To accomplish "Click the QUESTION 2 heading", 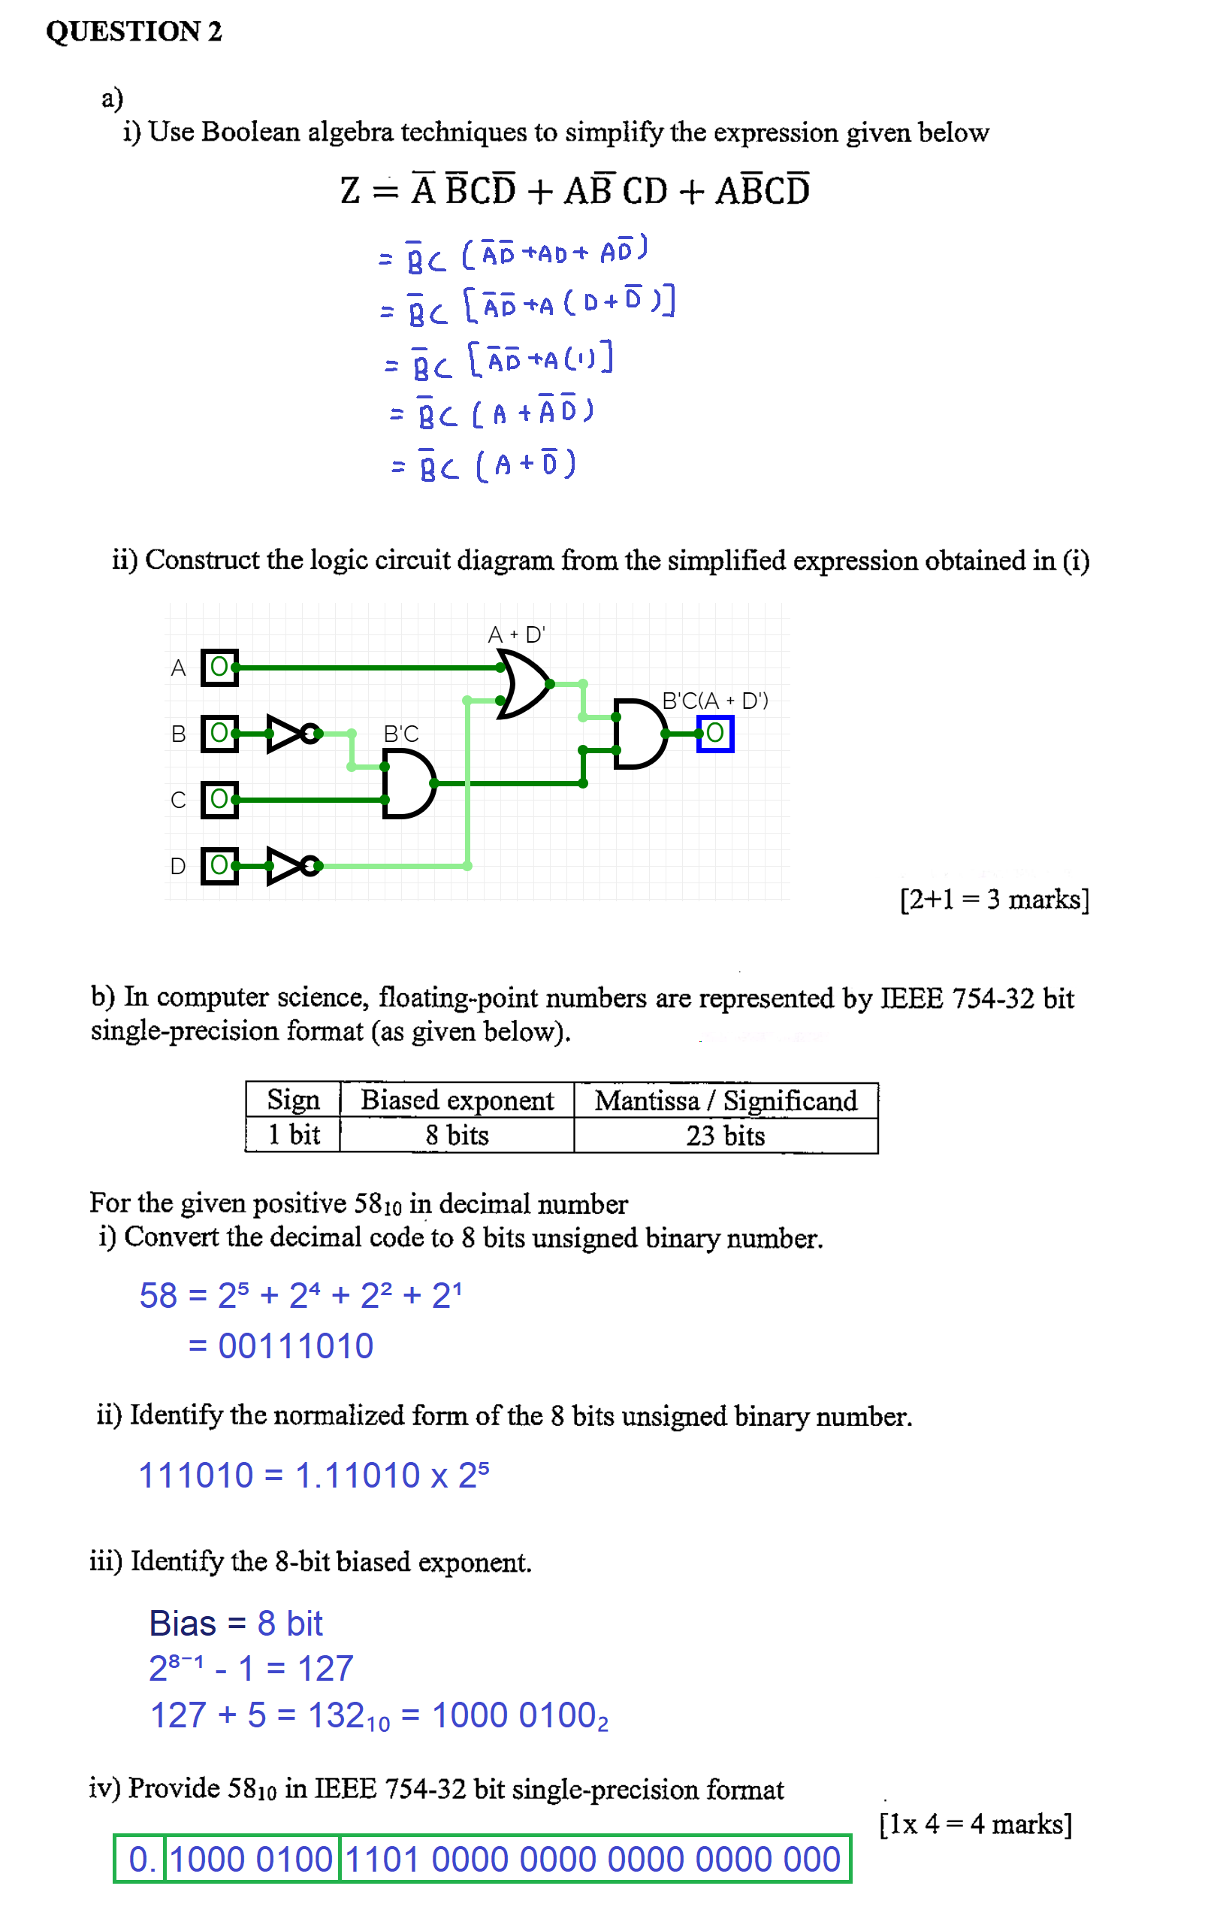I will pyautogui.click(x=134, y=32).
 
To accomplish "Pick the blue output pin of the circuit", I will pyautogui.click(x=714, y=734).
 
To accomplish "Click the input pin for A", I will pyautogui.click(x=219, y=667).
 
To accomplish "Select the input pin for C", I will pyautogui.click(x=219, y=799).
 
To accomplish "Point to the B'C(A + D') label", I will pyautogui.click(x=714, y=701).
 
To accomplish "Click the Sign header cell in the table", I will pyautogui.click(x=293, y=1100).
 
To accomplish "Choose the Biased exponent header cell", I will pyautogui.click(x=457, y=1100).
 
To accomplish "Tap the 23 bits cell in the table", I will pyautogui.click(x=725, y=1136).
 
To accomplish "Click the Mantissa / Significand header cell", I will pyautogui.click(x=725, y=1100).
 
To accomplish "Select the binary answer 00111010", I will pyautogui.click(x=295, y=1346).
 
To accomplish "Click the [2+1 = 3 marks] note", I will pyautogui.click(x=994, y=900).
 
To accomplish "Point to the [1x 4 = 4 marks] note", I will pyautogui.click(x=975, y=1824).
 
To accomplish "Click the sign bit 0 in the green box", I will pyautogui.click(x=139, y=1860).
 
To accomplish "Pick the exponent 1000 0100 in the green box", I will pyautogui.click(x=252, y=1860).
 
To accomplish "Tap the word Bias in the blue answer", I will pyautogui.click(x=183, y=1624).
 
